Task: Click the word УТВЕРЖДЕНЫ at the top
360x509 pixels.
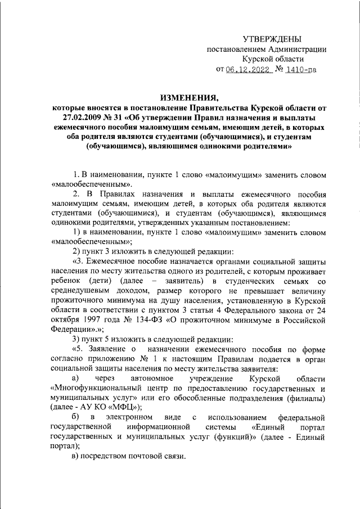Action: pyautogui.click(x=272, y=39)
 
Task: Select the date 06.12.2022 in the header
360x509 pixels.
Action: pyautogui.click(x=248, y=70)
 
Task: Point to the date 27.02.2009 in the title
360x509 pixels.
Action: pyautogui.click(x=85, y=117)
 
